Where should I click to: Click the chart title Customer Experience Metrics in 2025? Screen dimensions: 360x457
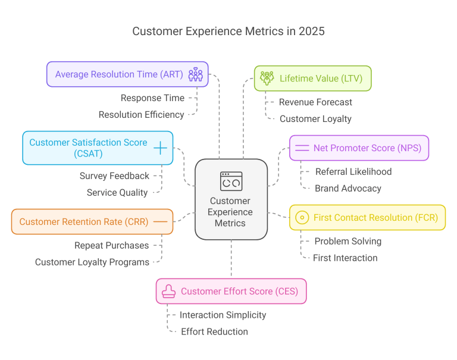click(228, 31)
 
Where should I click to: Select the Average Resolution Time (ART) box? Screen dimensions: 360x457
click(127, 74)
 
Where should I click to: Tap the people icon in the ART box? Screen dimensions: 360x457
click(195, 74)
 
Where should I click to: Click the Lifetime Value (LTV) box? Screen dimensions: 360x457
click(312, 79)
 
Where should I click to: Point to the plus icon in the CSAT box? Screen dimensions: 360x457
click(161, 148)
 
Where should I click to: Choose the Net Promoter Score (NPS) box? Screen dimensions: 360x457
click(358, 148)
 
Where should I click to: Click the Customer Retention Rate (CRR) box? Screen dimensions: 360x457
click(92, 221)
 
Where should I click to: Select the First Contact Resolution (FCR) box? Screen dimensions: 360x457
click(367, 218)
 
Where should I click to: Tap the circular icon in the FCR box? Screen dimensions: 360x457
click(302, 218)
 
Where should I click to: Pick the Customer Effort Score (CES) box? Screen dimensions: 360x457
click(231, 292)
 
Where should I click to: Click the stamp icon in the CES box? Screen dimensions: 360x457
click(169, 292)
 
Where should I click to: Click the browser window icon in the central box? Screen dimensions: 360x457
click(231, 181)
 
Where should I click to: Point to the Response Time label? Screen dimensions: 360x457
click(152, 98)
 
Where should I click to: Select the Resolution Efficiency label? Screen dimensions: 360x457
click(141, 115)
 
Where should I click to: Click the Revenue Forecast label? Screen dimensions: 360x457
click(315, 102)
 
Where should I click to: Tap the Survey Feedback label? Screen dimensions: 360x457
click(114, 176)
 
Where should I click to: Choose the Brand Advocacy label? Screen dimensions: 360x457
click(348, 189)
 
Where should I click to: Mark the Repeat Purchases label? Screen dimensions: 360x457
click(111, 245)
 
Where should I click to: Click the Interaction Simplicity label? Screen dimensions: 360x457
click(223, 315)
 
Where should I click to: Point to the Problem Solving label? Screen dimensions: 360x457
click(348, 242)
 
